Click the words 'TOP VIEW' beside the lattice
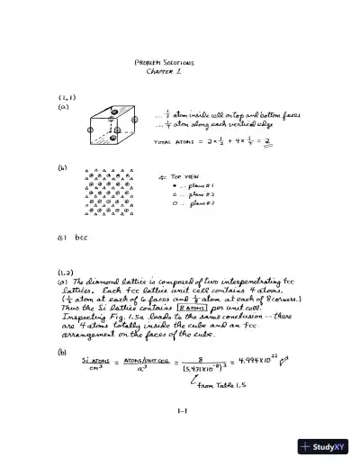coord(180,176)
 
